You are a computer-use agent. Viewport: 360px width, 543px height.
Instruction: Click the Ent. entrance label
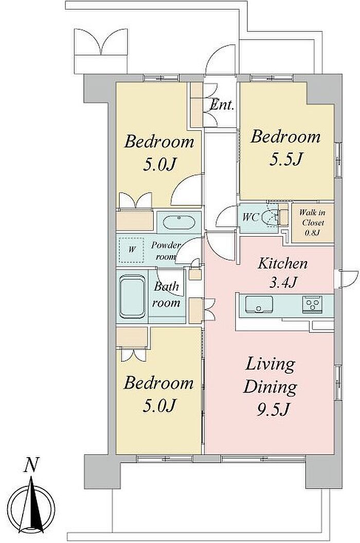point(222,104)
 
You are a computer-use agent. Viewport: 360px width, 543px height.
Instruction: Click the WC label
point(250,217)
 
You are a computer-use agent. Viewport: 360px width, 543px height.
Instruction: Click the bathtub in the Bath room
point(132,296)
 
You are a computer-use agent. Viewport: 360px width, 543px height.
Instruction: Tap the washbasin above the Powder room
point(178,222)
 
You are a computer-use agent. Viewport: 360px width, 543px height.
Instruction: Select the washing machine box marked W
point(132,249)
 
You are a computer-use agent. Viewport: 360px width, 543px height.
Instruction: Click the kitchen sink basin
point(259,304)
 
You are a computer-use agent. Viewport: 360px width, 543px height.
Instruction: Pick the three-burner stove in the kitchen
point(313,304)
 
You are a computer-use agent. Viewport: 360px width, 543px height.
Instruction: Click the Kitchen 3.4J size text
point(283,282)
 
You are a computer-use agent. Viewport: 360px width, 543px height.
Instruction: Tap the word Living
point(270,364)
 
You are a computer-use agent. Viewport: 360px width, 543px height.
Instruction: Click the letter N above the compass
point(31,465)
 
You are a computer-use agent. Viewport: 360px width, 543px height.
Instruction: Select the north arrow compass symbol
point(31,509)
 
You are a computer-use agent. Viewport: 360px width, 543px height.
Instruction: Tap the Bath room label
point(167,295)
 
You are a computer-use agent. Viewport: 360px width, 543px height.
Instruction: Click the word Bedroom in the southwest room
point(158,382)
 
